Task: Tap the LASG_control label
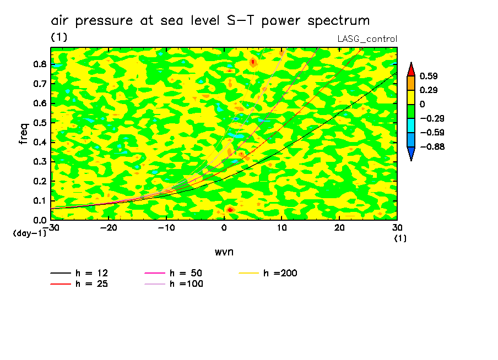(x=367, y=39)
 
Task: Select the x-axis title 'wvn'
(x=224, y=252)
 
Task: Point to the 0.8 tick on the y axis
(x=39, y=64)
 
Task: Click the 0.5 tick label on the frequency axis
(x=39, y=123)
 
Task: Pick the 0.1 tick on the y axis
(x=39, y=201)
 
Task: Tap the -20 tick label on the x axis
(x=109, y=228)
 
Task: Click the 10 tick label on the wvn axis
(x=282, y=228)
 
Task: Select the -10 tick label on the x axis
(x=166, y=228)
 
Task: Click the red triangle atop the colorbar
(x=410, y=69)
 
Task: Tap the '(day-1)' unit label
(x=29, y=233)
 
